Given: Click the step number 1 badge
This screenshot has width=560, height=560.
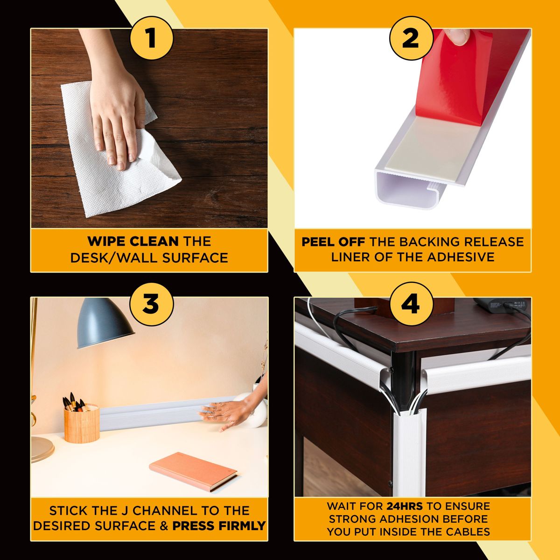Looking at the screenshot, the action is point(151,38).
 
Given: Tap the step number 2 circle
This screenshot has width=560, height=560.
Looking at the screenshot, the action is point(410,38).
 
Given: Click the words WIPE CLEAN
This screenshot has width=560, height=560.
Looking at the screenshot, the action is point(133,241).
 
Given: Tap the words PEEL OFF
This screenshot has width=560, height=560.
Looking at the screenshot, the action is point(333,242).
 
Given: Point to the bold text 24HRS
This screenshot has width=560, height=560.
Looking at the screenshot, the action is point(404,506).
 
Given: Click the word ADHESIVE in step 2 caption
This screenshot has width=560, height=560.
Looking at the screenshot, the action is point(461,257).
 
